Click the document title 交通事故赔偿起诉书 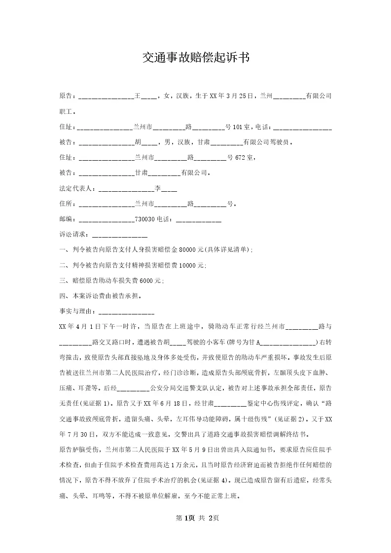[x=196, y=58]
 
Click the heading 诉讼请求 [x=73, y=235]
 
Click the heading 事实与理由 [x=77, y=311]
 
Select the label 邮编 [x=67, y=219]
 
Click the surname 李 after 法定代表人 [x=158, y=188]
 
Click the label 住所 [x=67, y=204]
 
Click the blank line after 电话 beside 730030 [x=198, y=220]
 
